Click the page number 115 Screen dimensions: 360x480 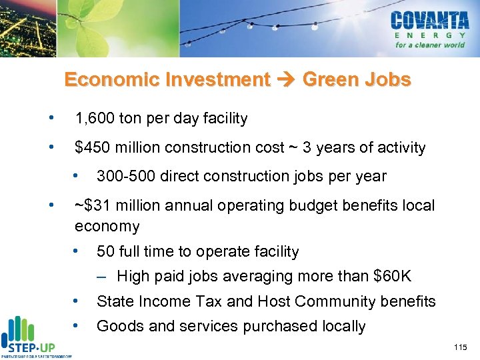460,347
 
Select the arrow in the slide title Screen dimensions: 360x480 287,80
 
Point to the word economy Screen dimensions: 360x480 107,227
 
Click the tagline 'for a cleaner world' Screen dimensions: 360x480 429,45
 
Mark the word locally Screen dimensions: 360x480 341,326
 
